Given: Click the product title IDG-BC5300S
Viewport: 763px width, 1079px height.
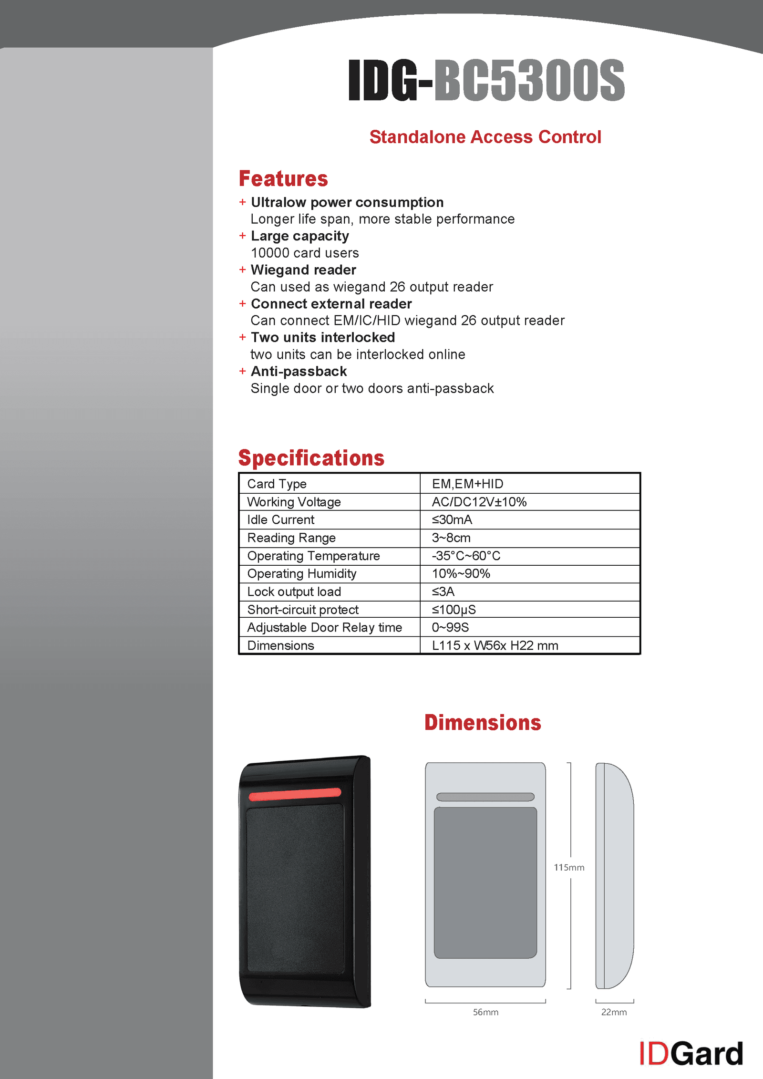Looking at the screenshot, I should point(486,80).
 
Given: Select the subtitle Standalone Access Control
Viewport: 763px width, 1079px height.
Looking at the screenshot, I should point(485,137).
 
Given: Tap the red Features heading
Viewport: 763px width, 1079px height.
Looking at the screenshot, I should point(283,179).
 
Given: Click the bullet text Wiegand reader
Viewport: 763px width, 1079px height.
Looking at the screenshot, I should point(303,270).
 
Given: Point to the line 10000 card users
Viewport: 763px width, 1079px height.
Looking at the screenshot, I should point(305,253).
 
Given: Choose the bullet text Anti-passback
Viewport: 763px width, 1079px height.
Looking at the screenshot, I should point(299,371).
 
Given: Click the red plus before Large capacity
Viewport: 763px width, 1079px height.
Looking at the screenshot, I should point(242,236).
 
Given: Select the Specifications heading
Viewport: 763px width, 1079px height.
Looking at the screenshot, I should point(311,458).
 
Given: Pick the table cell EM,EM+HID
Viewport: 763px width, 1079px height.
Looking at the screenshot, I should point(467,484).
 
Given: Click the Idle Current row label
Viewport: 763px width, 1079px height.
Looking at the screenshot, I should point(280,519).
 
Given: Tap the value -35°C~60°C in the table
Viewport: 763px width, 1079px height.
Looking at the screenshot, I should point(466,556).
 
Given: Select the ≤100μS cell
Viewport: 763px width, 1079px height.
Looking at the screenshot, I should point(454,610).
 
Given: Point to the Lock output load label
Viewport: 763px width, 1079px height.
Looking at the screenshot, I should point(294,591).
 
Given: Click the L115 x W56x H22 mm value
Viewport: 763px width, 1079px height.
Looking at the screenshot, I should point(495,645).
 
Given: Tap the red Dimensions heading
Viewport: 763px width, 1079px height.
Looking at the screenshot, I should point(483,723).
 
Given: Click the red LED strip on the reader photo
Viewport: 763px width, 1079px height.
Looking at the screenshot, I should point(295,794).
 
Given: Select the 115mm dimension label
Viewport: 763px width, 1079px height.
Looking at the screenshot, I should point(569,867).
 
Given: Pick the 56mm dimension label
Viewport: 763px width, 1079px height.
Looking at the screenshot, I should point(485,1012).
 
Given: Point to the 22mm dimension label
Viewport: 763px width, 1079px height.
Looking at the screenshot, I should point(614,1012).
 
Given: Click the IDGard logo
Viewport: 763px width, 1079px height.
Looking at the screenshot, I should point(691,1054).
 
